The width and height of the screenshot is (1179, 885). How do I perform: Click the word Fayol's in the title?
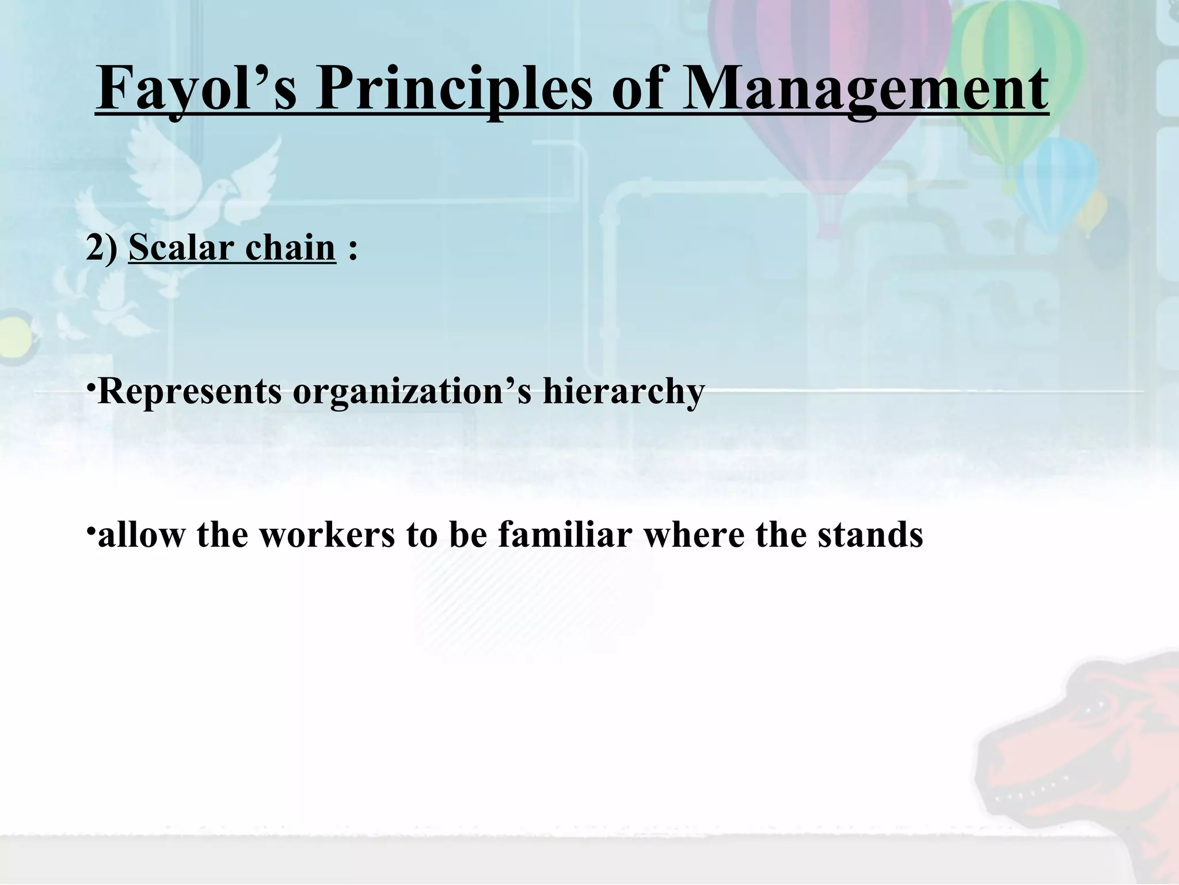196,90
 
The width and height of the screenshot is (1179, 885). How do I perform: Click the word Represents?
190,392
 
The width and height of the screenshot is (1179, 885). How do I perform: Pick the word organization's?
412,392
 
